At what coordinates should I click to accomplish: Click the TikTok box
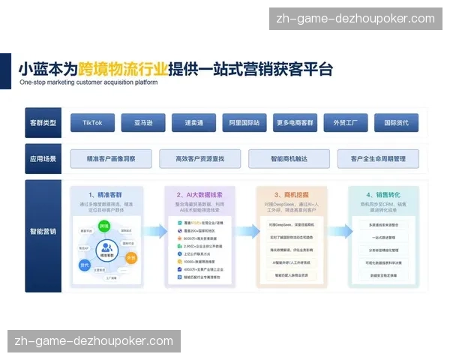point(92,122)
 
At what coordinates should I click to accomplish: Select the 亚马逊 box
point(143,122)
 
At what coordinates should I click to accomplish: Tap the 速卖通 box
point(193,122)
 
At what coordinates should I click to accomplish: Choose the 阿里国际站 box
point(244,122)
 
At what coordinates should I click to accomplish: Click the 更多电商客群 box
point(295,122)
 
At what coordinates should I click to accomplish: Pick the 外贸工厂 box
point(346,122)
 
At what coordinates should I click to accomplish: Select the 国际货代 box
point(396,122)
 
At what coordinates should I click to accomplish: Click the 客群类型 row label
point(43,122)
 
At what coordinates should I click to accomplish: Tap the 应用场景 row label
point(43,159)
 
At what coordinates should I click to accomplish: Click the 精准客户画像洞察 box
point(111,159)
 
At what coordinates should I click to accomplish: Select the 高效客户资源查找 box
point(199,159)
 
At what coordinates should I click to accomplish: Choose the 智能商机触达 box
point(289,159)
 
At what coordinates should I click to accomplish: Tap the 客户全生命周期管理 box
point(378,159)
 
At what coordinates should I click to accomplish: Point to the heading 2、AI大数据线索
point(200,194)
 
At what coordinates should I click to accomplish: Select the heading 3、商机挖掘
point(292,194)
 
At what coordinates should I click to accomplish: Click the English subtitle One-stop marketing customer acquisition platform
point(88,82)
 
